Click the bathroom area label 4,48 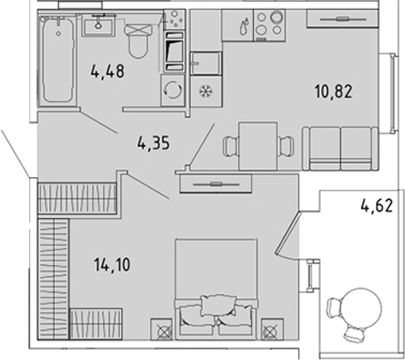[108, 72]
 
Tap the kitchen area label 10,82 [334, 92]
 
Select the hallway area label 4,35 [154, 144]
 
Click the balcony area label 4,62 [377, 206]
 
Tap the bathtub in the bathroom [58, 61]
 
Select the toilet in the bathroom [138, 41]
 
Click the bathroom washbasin [99, 25]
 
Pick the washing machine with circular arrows [173, 90]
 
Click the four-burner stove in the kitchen [269, 26]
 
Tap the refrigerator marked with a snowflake [206, 91]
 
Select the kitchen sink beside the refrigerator [205, 63]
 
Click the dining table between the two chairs [258, 146]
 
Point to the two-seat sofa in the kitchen [340, 148]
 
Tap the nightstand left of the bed [162, 329]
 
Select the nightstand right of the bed [272, 329]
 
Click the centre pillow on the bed [219, 306]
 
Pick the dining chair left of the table [230, 146]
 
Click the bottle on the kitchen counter [245, 26]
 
